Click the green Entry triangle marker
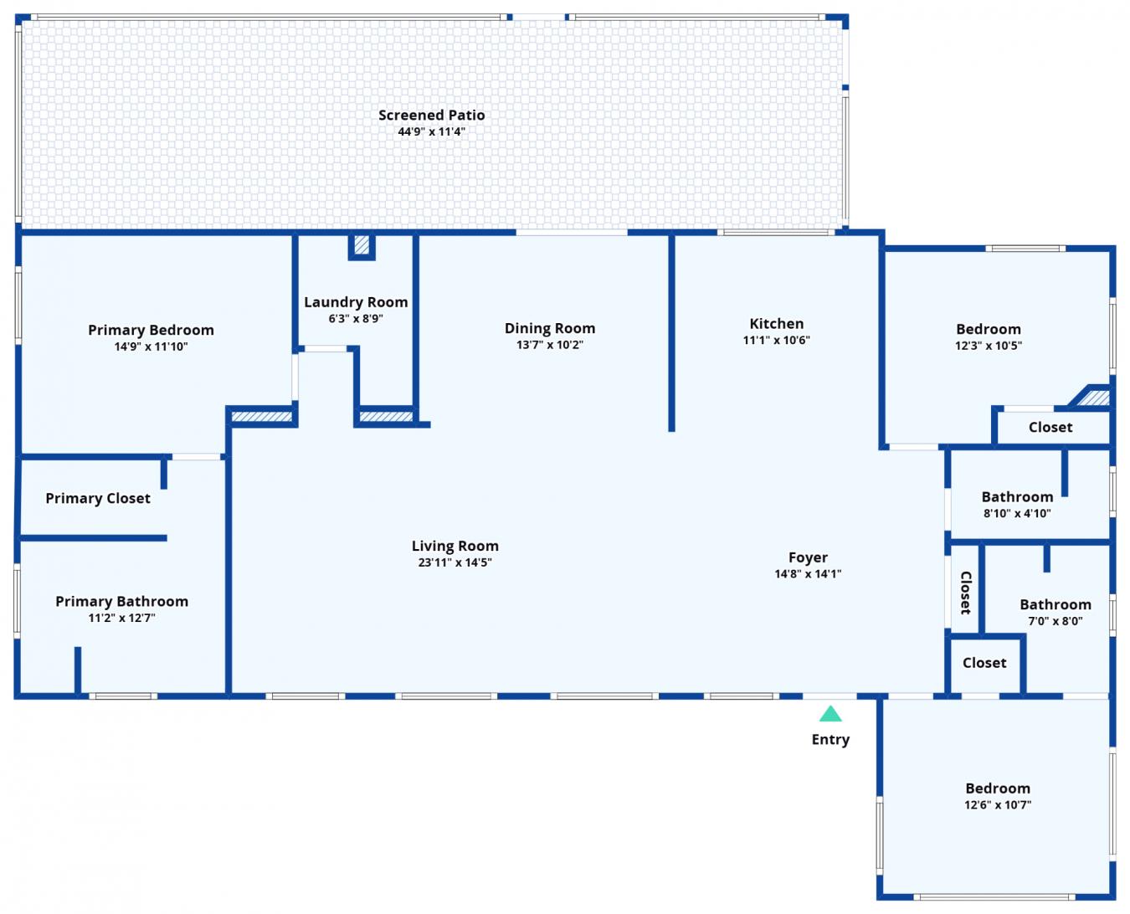[830, 714]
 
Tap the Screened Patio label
[431, 116]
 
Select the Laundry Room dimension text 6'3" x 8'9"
[356, 318]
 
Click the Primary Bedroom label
[151, 330]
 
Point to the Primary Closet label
[98, 498]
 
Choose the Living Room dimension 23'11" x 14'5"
[455, 562]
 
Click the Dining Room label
[550, 328]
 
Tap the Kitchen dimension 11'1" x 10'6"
[776, 340]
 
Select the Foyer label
[808, 557]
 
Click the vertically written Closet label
[966, 593]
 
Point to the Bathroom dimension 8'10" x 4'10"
[1017, 513]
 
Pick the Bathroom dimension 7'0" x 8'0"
[1056, 621]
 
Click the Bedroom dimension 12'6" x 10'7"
[998, 804]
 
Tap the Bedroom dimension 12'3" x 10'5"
[989, 346]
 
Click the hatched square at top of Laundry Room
[362, 245]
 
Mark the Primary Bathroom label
[121, 601]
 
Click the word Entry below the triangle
[830, 739]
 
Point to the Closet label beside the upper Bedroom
[1050, 427]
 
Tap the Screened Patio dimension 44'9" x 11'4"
[431, 131]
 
